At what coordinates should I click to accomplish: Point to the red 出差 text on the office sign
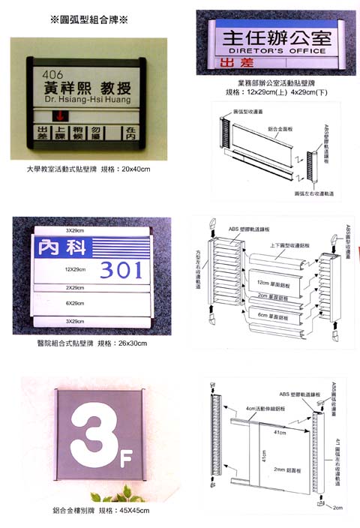click(226, 64)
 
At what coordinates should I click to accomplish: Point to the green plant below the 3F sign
click(112, 494)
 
